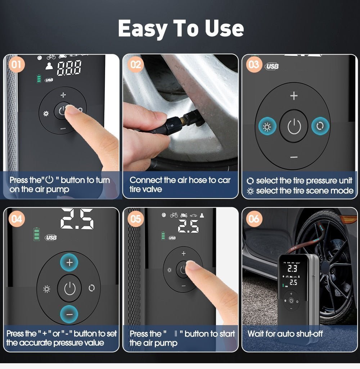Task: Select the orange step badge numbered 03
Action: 254,65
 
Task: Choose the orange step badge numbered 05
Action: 136,219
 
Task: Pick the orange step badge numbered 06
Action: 254,219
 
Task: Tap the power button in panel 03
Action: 294,127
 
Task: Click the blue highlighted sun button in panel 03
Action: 267,127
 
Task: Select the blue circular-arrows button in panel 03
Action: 320,127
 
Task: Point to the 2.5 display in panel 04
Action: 77,219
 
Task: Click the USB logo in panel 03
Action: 272,67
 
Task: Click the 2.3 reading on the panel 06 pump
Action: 292,268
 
